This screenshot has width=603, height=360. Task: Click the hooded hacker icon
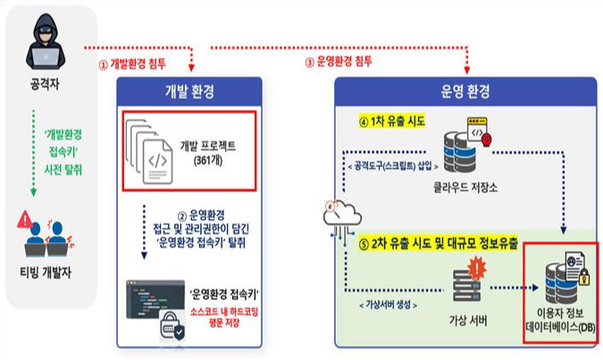[x=46, y=41]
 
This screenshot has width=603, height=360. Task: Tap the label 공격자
[x=45, y=84]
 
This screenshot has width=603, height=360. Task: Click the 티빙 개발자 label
[x=46, y=272]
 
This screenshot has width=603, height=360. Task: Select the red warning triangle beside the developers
[x=25, y=219]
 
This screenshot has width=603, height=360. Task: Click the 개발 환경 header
[x=189, y=91]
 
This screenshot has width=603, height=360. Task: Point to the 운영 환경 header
[x=465, y=91]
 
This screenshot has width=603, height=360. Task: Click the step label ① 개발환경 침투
[x=132, y=63]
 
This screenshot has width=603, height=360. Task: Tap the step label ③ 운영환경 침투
[x=339, y=62]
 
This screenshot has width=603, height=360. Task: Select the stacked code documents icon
[x=149, y=151]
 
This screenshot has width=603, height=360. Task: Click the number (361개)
[x=208, y=160]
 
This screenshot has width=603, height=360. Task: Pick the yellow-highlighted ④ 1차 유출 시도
[x=392, y=121]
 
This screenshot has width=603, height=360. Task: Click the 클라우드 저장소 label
[x=465, y=188]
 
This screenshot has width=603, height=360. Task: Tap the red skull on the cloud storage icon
[x=487, y=139]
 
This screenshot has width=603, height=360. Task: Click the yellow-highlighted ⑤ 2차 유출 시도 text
[x=439, y=244]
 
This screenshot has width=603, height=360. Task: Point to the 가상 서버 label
[x=467, y=321]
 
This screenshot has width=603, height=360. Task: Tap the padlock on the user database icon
[x=583, y=277]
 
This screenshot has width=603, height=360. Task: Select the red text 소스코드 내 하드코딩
[x=224, y=311]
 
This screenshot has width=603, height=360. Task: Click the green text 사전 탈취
[x=63, y=170]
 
